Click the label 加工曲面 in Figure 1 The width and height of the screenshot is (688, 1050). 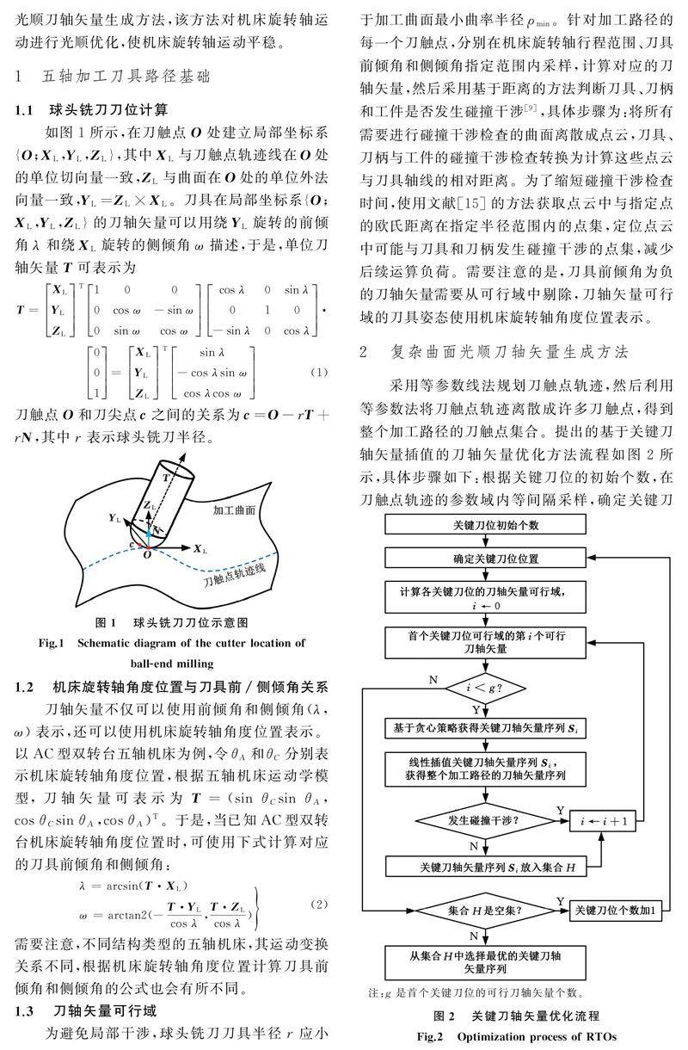click(234, 510)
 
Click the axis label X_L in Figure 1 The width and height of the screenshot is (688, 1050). click(200, 548)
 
